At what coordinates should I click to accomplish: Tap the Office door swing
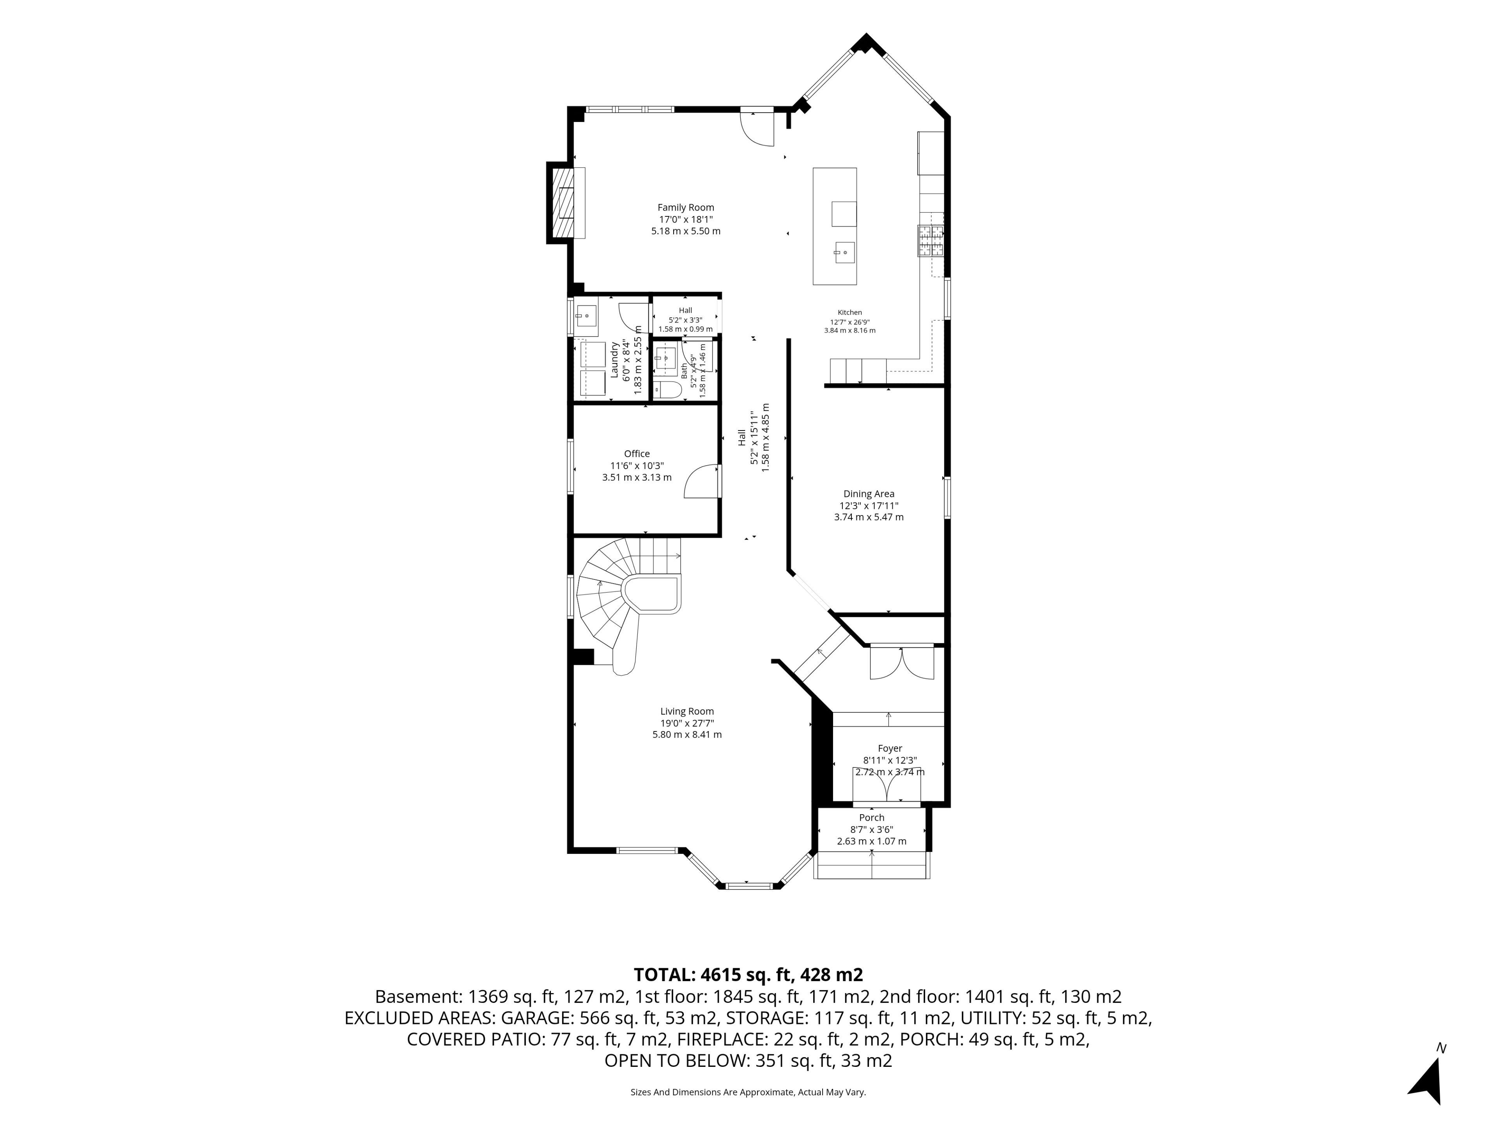pyautogui.click(x=701, y=481)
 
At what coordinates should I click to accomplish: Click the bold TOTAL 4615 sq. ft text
pyautogui.click(x=748, y=975)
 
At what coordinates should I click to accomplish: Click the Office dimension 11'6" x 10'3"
pyautogui.click(x=637, y=466)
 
